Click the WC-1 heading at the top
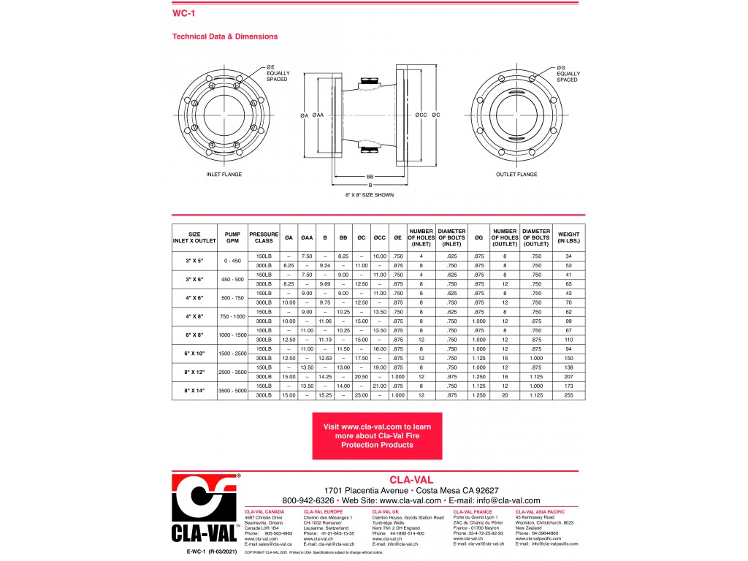tap(183, 13)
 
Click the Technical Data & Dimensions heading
tap(224, 37)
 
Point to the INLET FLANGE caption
tap(224, 175)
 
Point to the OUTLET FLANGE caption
tap(516, 175)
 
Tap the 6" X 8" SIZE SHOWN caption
tap(370, 195)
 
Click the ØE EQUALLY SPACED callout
tap(278, 74)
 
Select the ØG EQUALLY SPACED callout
tap(568, 74)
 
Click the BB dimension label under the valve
tap(370, 177)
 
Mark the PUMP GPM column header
tap(232, 237)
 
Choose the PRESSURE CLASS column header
tap(263, 237)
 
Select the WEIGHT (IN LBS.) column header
tap(568, 237)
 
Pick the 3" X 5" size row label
tap(194, 260)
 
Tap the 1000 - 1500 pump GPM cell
tap(232, 335)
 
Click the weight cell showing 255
tap(568, 395)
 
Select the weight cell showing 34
tap(568, 256)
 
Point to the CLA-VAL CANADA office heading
tap(264, 512)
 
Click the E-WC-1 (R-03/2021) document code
tap(212, 554)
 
